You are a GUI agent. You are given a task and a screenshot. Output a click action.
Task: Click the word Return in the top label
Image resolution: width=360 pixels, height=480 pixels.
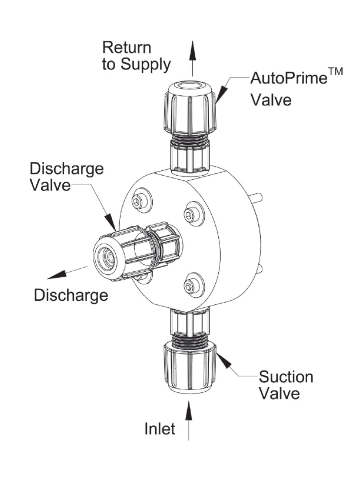pos(126,48)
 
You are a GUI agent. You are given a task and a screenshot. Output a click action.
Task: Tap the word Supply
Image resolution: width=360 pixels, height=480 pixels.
pos(145,64)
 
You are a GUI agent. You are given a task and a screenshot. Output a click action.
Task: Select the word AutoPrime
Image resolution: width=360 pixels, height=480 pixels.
pos(289,78)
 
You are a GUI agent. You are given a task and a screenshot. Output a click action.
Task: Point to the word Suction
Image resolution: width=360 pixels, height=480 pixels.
pos(286,377)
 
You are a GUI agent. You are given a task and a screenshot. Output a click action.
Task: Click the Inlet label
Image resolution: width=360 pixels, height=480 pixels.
pos(160,429)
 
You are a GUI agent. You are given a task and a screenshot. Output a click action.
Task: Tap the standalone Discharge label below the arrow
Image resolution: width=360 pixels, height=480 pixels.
pos(71,295)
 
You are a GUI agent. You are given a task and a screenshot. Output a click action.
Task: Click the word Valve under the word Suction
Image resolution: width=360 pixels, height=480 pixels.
pos(279,393)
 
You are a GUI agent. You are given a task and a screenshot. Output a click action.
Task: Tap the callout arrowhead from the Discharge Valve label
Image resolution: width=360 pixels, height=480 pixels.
pos(110,221)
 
